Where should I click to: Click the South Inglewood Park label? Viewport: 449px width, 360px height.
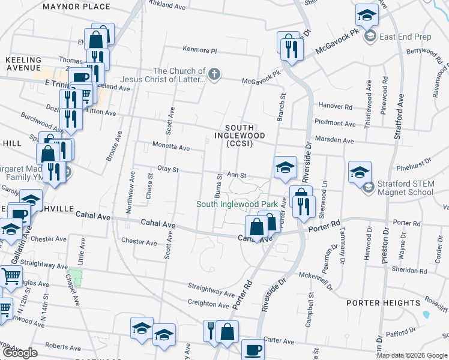[237, 204]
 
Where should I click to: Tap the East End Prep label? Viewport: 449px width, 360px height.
[405, 37]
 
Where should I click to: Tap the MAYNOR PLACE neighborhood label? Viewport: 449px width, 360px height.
[76, 7]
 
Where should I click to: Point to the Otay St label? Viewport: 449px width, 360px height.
[168, 170]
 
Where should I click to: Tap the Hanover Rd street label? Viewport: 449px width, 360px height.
[335, 106]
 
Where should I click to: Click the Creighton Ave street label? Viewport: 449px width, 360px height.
[208, 304]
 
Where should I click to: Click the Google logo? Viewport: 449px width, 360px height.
[20, 353]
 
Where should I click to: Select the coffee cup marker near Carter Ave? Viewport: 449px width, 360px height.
[253, 350]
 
